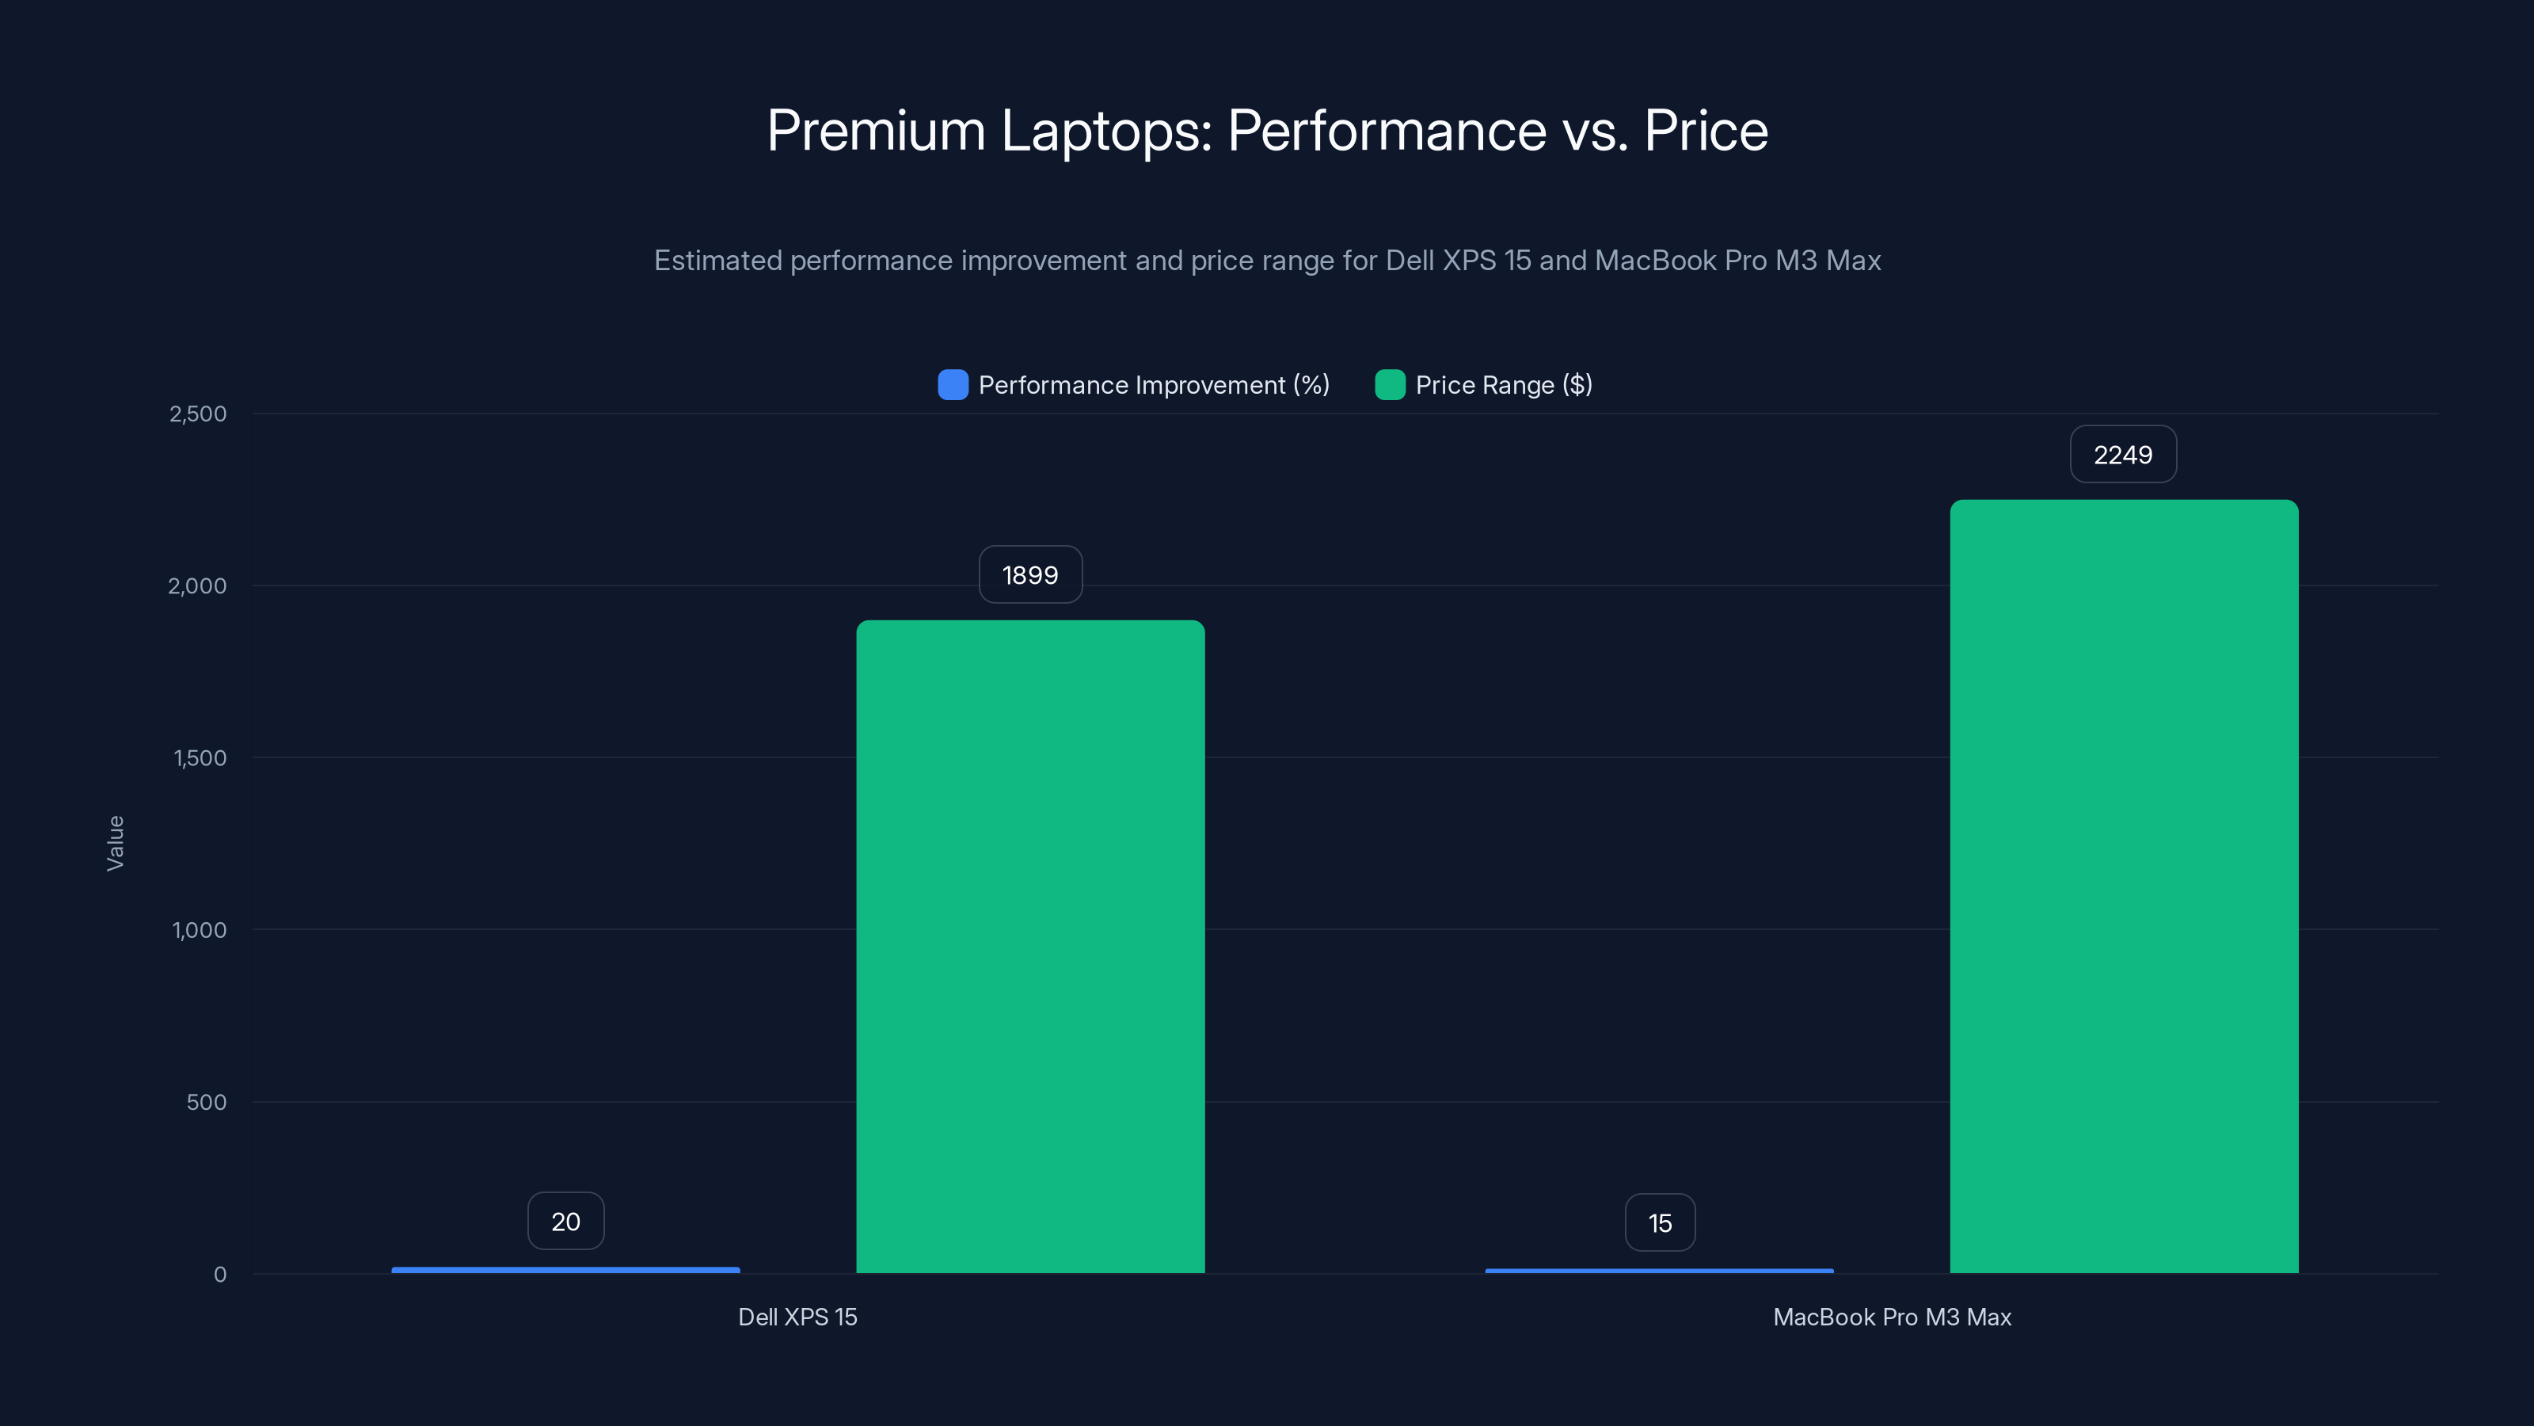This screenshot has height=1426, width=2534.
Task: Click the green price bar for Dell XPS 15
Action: pos(1030,945)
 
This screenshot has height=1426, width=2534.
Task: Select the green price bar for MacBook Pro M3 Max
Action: pos(2124,886)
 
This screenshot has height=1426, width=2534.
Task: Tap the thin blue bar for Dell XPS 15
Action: pos(565,1269)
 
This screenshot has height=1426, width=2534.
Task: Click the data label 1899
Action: pos(1030,574)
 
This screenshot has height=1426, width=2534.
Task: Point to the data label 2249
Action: pos(2123,455)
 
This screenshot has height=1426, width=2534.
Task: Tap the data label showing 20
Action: pos(565,1222)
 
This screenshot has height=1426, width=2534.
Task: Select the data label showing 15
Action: pos(1660,1223)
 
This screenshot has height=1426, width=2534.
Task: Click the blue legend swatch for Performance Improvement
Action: pos(952,385)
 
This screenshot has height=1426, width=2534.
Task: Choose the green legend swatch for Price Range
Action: pos(1389,385)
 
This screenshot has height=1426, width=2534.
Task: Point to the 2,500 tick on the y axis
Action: pos(198,414)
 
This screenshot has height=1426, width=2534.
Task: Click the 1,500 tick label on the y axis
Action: pos(200,758)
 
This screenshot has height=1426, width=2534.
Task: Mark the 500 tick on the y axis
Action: pos(207,1102)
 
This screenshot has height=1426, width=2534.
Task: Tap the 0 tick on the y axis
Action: pos(220,1275)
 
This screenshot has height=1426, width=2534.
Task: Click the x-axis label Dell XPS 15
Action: pos(797,1317)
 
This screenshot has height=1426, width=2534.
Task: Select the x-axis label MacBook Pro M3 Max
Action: pos(1892,1317)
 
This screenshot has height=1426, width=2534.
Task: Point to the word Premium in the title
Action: pos(876,131)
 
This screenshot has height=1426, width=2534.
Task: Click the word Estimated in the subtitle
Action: pos(717,261)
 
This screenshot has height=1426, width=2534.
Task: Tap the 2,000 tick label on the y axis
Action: pos(198,585)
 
